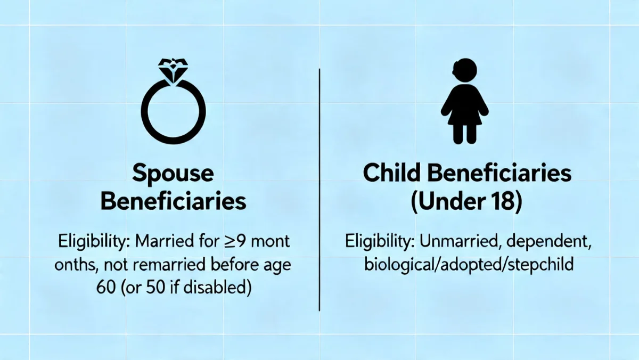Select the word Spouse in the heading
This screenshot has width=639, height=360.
point(173,174)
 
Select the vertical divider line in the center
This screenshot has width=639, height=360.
point(319,189)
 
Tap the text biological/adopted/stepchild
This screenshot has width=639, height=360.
point(469,264)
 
